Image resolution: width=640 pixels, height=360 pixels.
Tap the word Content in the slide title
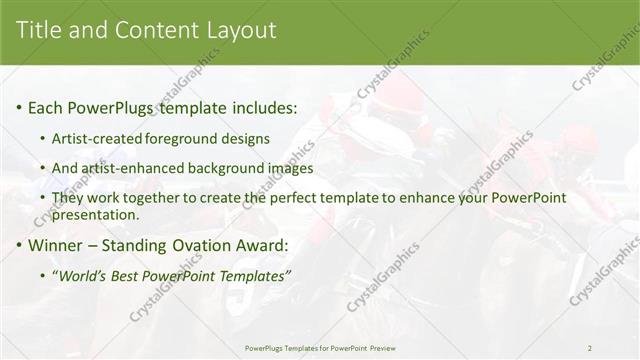(150, 30)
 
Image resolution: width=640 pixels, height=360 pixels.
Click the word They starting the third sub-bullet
(68, 198)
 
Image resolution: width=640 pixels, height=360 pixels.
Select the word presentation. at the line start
(96, 214)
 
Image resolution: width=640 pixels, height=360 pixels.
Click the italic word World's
(83, 275)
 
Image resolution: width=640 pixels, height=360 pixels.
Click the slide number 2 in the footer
(589, 348)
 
